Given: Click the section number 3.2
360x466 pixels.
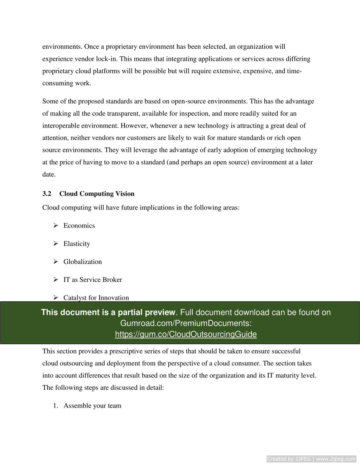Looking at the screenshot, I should [x=47, y=194].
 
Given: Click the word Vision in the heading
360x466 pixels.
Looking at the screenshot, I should [x=125, y=194].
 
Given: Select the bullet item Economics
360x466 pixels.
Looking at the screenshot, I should [x=79, y=226].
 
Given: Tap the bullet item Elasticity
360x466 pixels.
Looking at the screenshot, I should [x=77, y=244].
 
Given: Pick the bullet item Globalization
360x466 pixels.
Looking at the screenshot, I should [x=82, y=262].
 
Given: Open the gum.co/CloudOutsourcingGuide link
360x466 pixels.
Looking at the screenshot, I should [x=186, y=335].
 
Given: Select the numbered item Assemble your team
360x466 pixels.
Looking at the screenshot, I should [x=92, y=406].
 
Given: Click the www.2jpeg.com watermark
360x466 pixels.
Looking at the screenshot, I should [x=336, y=459].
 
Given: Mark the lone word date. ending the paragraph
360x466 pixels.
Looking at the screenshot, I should [x=49, y=174].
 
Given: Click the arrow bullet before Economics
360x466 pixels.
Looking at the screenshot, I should [x=56, y=225].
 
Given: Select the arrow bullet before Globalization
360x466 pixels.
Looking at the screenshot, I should [x=56, y=261].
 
